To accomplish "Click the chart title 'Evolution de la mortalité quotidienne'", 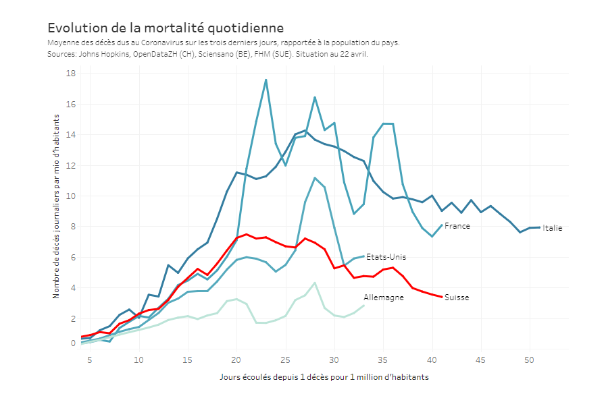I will pyautogui.click(x=166, y=28).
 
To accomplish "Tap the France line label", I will pyautogui.click(x=457, y=226).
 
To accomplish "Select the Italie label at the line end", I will pyautogui.click(x=552, y=228).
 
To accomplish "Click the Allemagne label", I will pyautogui.click(x=383, y=298).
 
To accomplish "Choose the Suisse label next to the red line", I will pyautogui.click(x=456, y=298).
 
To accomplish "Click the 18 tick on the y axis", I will pyautogui.click(x=70, y=74).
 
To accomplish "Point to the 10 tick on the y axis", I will pyautogui.click(x=70, y=196).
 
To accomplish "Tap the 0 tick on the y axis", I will pyautogui.click(x=73, y=343).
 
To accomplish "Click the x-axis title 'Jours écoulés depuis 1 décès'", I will pyautogui.click(x=324, y=376).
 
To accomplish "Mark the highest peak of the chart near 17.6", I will pyautogui.click(x=266, y=80).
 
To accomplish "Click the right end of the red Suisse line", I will pyautogui.click(x=442, y=297).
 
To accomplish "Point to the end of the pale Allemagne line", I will pyautogui.click(x=363, y=306).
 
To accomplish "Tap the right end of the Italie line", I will pyautogui.click(x=539, y=227).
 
